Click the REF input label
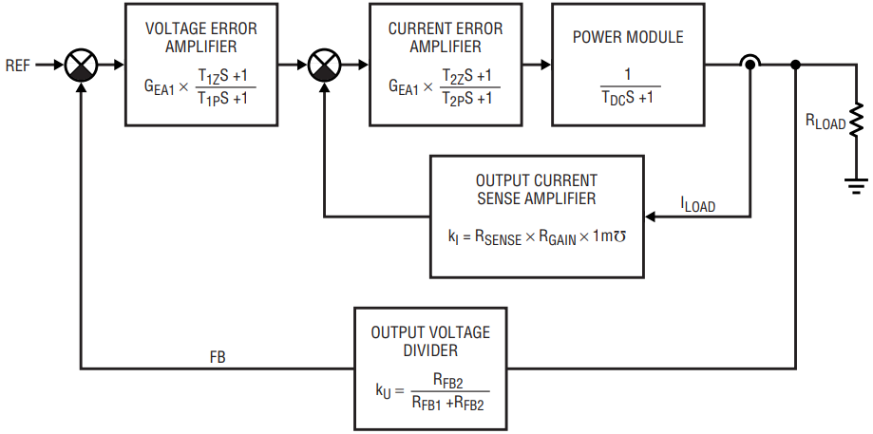click(17, 66)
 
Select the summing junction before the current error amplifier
click(325, 66)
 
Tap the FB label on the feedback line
click(218, 358)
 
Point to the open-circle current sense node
click(750, 66)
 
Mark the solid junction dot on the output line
click(795, 66)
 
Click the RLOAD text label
click(825, 122)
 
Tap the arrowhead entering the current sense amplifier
click(652, 216)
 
